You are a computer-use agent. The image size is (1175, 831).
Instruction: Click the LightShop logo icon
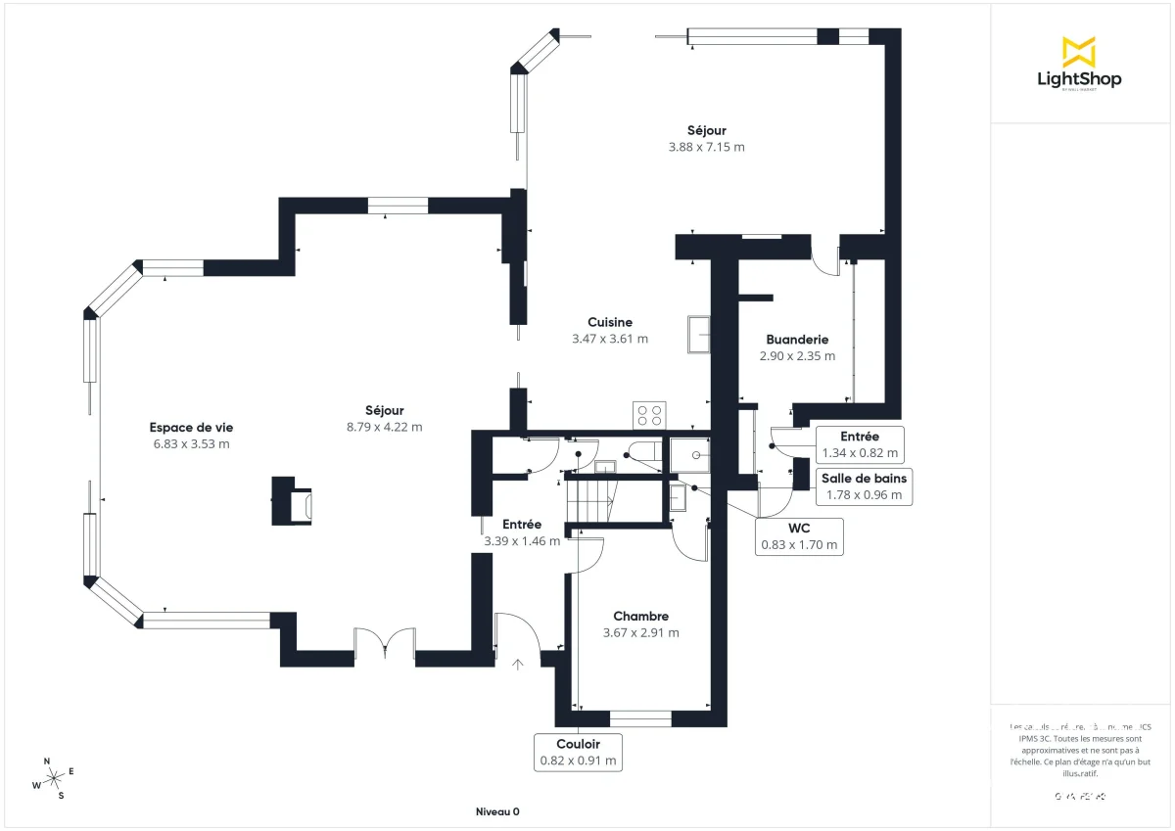tap(1078, 52)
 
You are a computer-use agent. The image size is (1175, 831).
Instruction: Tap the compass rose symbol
tap(55, 777)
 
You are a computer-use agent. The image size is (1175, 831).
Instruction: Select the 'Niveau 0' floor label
tap(497, 811)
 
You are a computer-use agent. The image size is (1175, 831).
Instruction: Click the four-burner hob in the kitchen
tap(649, 414)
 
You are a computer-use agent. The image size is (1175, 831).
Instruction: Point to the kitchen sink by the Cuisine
tap(699, 333)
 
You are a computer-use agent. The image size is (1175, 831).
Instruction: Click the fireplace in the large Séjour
tap(293, 502)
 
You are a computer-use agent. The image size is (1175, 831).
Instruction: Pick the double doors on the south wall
tap(385, 646)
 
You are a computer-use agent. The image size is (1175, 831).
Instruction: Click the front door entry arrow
tap(518, 664)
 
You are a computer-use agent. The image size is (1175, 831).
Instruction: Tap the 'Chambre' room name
tap(640, 616)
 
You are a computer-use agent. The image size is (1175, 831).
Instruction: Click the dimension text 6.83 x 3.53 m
tap(191, 443)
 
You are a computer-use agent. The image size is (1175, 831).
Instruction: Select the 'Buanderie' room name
tap(797, 340)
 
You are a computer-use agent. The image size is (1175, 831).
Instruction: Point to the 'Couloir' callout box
tap(578, 752)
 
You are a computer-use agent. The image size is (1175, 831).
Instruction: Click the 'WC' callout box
tap(800, 536)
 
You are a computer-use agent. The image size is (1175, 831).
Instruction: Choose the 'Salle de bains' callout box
tap(864, 486)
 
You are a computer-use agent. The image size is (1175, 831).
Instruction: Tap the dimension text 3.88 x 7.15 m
tap(706, 147)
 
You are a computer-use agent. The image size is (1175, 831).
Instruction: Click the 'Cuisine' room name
tap(609, 322)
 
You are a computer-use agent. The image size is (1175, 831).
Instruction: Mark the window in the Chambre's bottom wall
tap(640, 719)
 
